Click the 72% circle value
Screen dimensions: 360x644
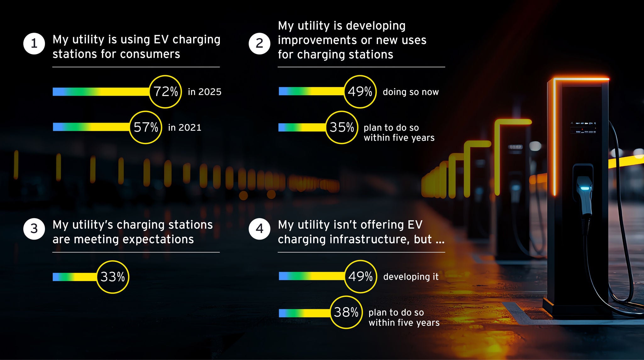[165, 92]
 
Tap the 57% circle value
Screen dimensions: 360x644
[146, 127]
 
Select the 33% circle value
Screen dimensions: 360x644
[113, 277]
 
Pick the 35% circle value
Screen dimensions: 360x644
[341, 127]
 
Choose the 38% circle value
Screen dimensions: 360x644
[346, 312]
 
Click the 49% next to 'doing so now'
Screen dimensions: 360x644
[360, 92]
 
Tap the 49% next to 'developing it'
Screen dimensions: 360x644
[360, 277]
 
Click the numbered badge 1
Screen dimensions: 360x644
[34, 43]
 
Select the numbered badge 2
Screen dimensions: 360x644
[259, 43]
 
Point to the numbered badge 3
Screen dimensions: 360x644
[34, 229]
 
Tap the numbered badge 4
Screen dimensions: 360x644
[259, 229]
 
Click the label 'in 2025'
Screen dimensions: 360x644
[204, 92]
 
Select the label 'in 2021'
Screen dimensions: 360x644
[185, 127]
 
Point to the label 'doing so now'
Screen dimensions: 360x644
[411, 92]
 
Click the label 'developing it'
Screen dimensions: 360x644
[411, 277]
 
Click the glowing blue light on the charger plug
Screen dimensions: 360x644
[585, 188]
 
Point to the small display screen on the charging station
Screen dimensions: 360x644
[583, 128]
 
